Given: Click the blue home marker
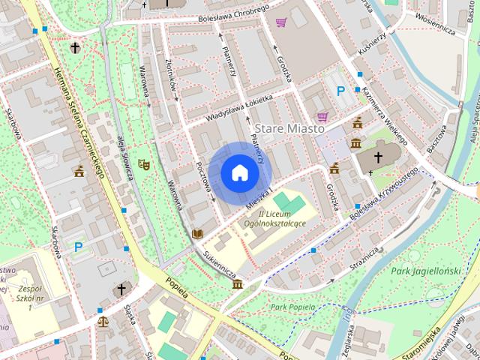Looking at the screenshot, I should coord(239,172).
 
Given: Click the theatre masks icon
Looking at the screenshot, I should coord(143,163).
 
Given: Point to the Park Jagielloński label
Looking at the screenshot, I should coord(424,270).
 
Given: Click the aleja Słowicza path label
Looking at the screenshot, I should coord(124,157).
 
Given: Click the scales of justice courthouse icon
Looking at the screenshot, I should coord(103,321).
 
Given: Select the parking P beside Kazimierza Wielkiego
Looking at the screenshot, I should coord(340,91).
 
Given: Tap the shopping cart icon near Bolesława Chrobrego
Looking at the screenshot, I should coord(280,22).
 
